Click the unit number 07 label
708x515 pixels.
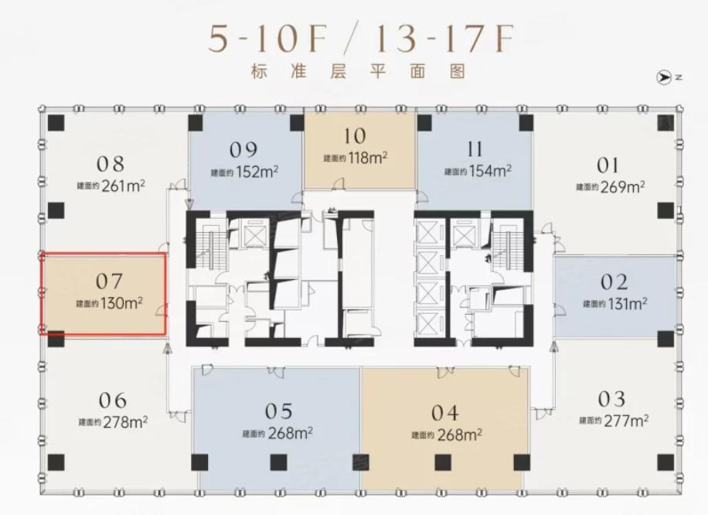point(109,282)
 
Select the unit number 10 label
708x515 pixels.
point(355,136)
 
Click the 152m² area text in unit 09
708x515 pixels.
point(257,172)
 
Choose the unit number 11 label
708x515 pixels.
point(475,149)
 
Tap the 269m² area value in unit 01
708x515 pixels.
point(622,186)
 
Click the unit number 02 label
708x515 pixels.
point(614,282)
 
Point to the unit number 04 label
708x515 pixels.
point(445,413)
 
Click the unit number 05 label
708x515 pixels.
point(278,411)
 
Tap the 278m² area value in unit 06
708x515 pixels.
point(125,422)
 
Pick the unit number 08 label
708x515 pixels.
point(111,164)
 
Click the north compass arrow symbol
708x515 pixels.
point(663,77)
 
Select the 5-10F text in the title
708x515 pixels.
point(267,39)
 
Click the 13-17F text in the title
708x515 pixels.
point(444,39)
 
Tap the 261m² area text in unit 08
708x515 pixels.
point(123,186)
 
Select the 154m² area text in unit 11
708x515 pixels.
point(490,171)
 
